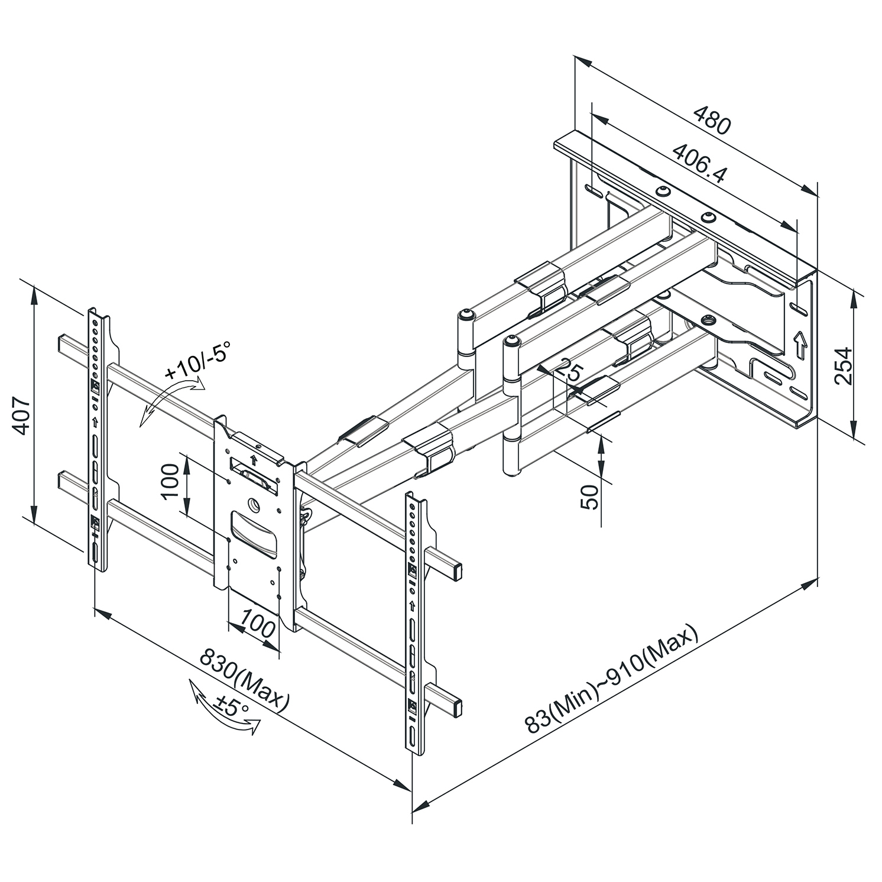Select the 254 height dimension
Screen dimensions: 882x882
[844, 365]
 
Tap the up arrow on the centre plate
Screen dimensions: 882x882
[254, 460]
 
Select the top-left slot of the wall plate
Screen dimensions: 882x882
[594, 191]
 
